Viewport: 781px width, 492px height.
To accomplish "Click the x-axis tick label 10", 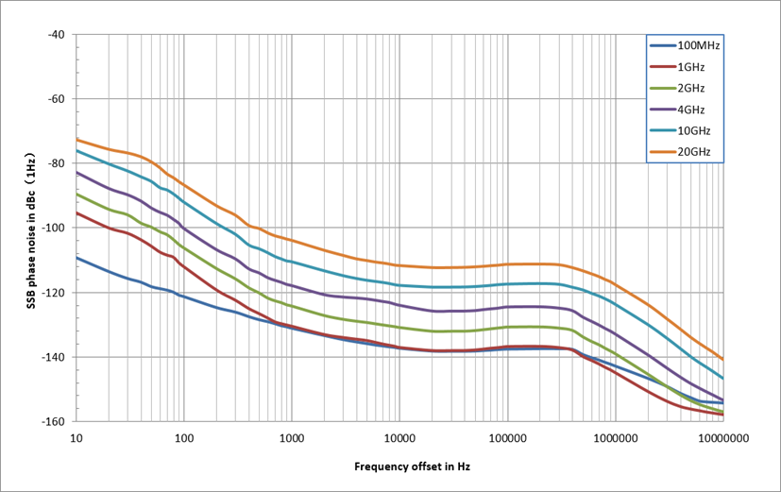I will (76, 438).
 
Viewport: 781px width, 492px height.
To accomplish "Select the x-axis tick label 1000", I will (292, 438).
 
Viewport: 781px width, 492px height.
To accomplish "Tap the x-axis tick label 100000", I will (507, 438).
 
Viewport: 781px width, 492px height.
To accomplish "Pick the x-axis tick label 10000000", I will (723, 438).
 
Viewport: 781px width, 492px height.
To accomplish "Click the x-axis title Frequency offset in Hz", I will (399, 467).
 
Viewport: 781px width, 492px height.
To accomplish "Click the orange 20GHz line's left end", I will (76, 140).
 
